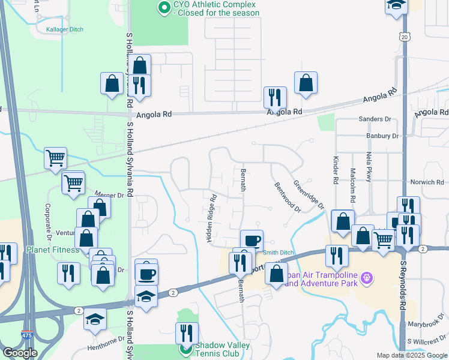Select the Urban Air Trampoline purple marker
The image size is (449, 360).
(369, 278)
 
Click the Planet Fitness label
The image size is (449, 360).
(52, 250)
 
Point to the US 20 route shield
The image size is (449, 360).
(404, 37)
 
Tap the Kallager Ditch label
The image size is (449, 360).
(65, 29)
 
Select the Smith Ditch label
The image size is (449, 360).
(279, 253)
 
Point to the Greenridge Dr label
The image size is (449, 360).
(308, 194)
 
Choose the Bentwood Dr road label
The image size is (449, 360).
(287, 198)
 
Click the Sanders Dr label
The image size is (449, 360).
(375, 119)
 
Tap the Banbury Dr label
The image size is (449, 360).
(382, 136)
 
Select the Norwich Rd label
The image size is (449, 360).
(427, 182)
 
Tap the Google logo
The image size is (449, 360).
(20, 353)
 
